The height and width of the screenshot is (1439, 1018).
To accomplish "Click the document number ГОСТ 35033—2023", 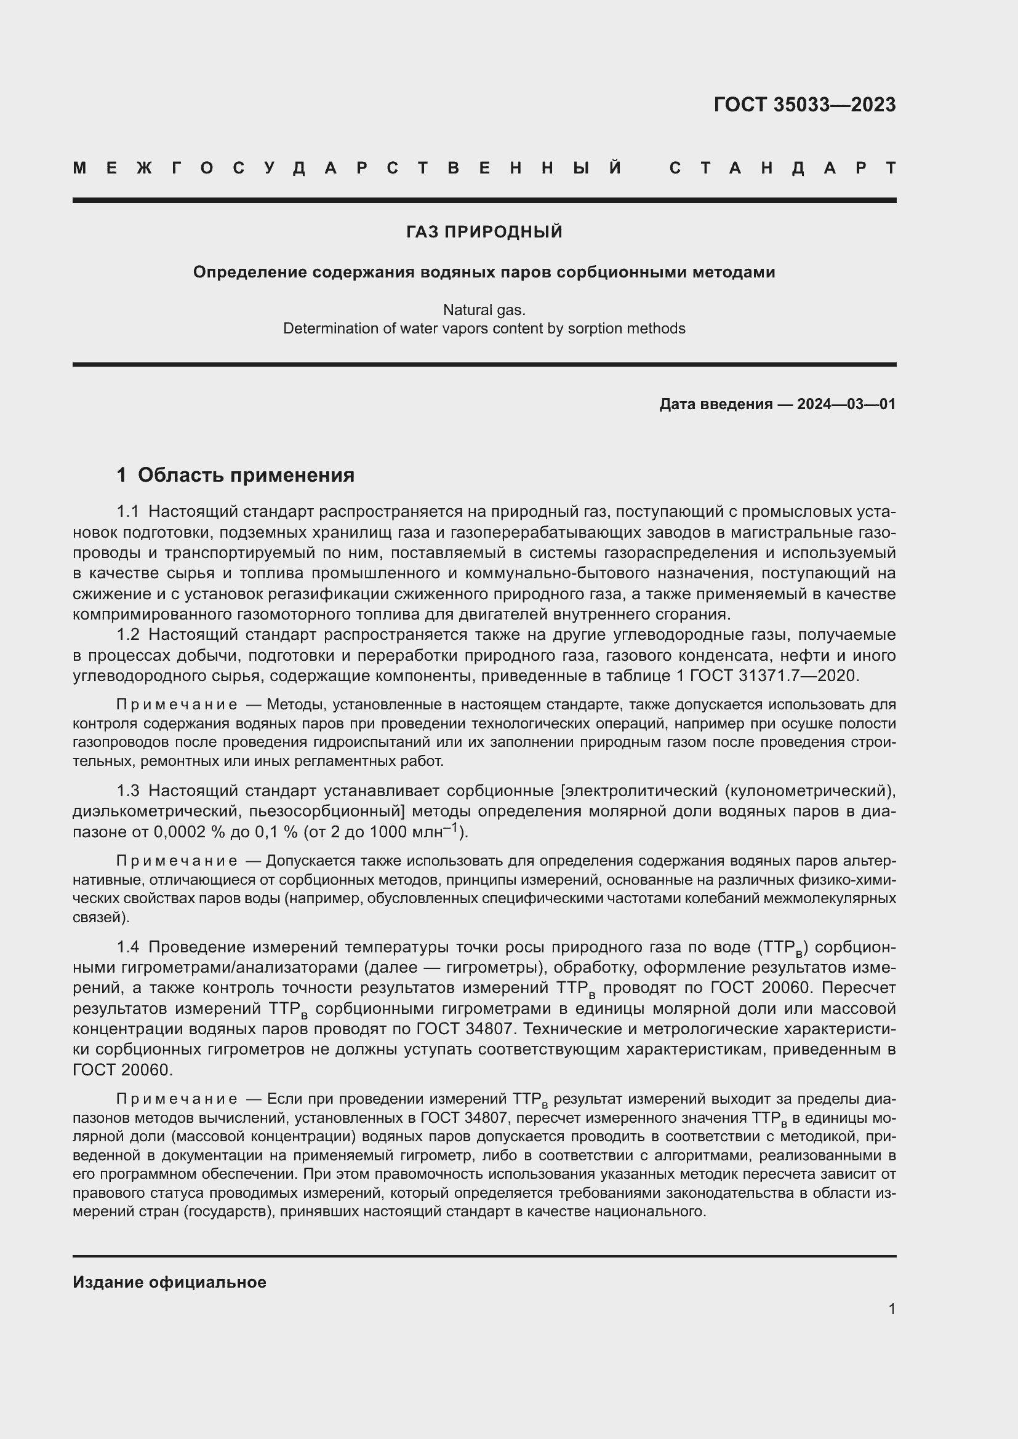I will coord(804,105).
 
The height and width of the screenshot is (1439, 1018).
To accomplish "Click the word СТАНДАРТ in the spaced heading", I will coord(782,168).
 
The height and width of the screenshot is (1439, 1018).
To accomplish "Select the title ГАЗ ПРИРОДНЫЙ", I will coord(484,232).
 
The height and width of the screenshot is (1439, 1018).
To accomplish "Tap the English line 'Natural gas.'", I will coord(484,309).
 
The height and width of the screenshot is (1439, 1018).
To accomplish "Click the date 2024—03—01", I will coord(846,404).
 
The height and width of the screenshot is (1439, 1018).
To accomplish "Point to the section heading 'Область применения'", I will coord(246,475).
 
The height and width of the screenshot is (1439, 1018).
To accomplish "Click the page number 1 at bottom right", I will coord(891,1309).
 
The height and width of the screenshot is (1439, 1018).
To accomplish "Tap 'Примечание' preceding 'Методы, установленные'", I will coord(177,705).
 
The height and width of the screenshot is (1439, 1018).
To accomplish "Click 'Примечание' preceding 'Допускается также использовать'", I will coord(177,861).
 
